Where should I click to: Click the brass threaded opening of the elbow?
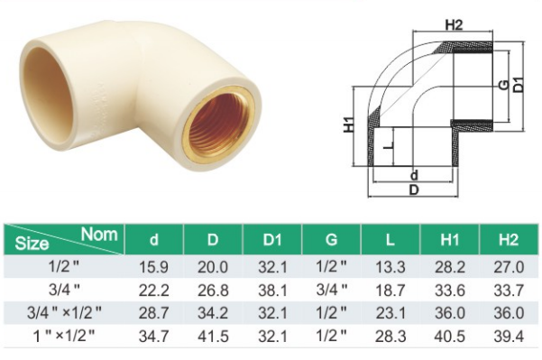pyautogui.click(x=220, y=125)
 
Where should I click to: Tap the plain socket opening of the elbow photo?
pyautogui.click(x=47, y=93)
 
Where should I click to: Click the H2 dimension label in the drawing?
pyautogui.click(x=454, y=25)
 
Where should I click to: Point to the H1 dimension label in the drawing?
pyautogui.click(x=349, y=125)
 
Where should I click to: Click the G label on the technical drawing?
pyautogui.click(x=503, y=85)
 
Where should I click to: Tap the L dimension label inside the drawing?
pyautogui.click(x=390, y=146)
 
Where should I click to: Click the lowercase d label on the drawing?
pyautogui.click(x=414, y=175)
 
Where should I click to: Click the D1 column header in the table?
pyautogui.click(x=272, y=239)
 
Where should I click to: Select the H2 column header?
pyautogui.click(x=509, y=239)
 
